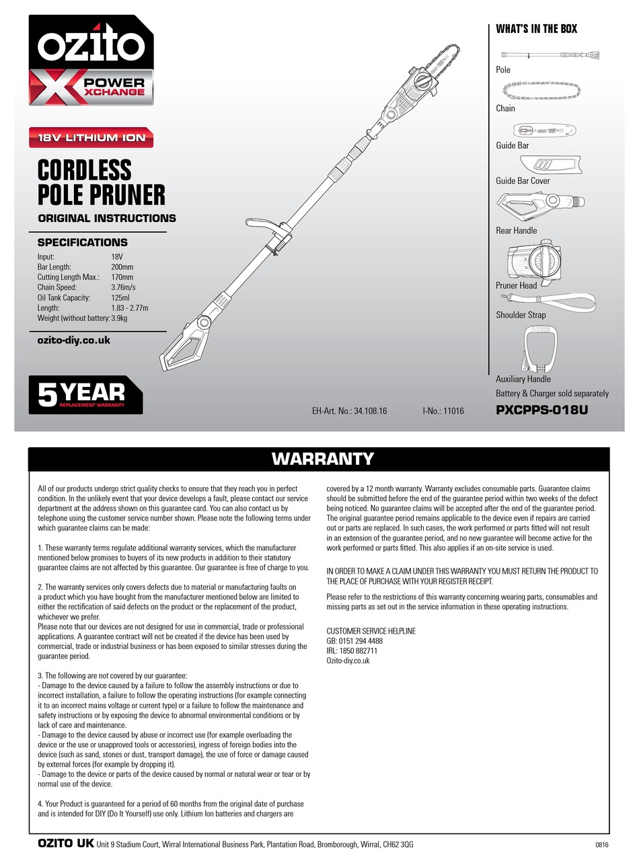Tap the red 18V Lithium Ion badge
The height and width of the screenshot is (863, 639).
click(91, 138)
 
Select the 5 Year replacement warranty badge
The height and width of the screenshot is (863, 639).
click(85, 395)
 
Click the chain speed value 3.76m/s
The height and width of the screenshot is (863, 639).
click(123, 287)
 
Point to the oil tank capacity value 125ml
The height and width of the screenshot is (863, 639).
click(120, 297)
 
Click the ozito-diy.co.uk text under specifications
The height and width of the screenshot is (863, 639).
click(74, 340)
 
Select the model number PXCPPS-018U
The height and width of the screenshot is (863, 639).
click(541, 409)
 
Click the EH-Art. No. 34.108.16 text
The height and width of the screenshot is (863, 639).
click(350, 410)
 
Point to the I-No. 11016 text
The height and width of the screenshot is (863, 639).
click(443, 410)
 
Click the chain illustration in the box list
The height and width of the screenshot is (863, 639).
click(541, 90)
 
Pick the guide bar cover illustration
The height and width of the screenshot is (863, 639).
click(550, 165)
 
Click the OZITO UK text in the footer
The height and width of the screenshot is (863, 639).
click(65, 843)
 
